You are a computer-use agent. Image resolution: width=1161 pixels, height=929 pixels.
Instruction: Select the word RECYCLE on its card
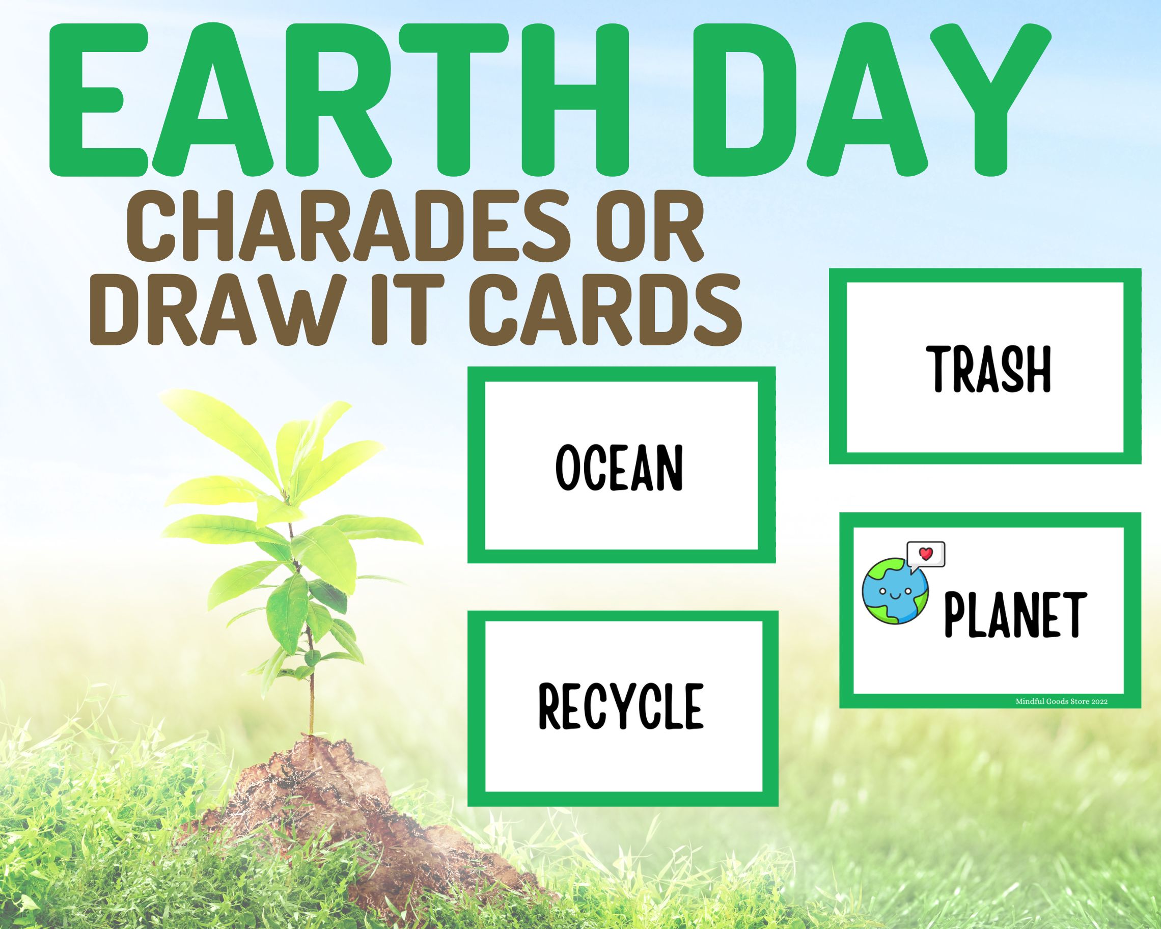[621, 705]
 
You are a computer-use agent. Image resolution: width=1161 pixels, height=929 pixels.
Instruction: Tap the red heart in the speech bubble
[926, 553]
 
